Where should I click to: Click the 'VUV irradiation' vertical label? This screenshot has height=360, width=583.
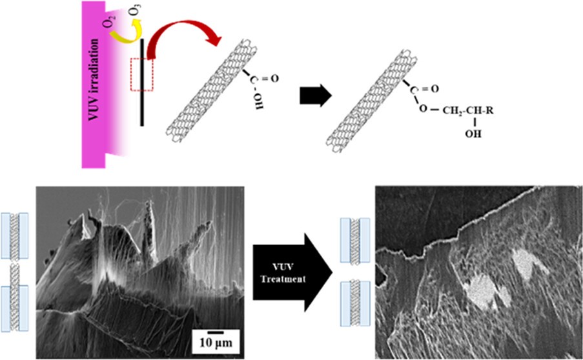pyautogui.click(x=94, y=79)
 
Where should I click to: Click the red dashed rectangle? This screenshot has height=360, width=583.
pyautogui.click(x=141, y=74)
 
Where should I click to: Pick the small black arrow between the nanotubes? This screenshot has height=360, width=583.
pyautogui.click(x=315, y=95)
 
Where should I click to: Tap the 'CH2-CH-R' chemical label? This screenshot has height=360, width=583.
pyautogui.click(x=467, y=110)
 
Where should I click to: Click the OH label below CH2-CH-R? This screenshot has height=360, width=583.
pyautogui.click(x=473, y=134)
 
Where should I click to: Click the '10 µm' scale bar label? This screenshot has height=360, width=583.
pyautogui.click(x=216, y=342)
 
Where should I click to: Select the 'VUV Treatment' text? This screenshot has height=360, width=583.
pyautogui.click(x=283, y=273)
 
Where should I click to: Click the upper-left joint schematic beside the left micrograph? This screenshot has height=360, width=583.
pyautogui.click(x=14, y=236)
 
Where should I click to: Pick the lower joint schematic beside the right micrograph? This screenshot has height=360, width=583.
pyautogui.click(x=355, y=303)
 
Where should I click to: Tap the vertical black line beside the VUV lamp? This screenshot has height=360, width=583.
pyautogui.click(x=141, y=82)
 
